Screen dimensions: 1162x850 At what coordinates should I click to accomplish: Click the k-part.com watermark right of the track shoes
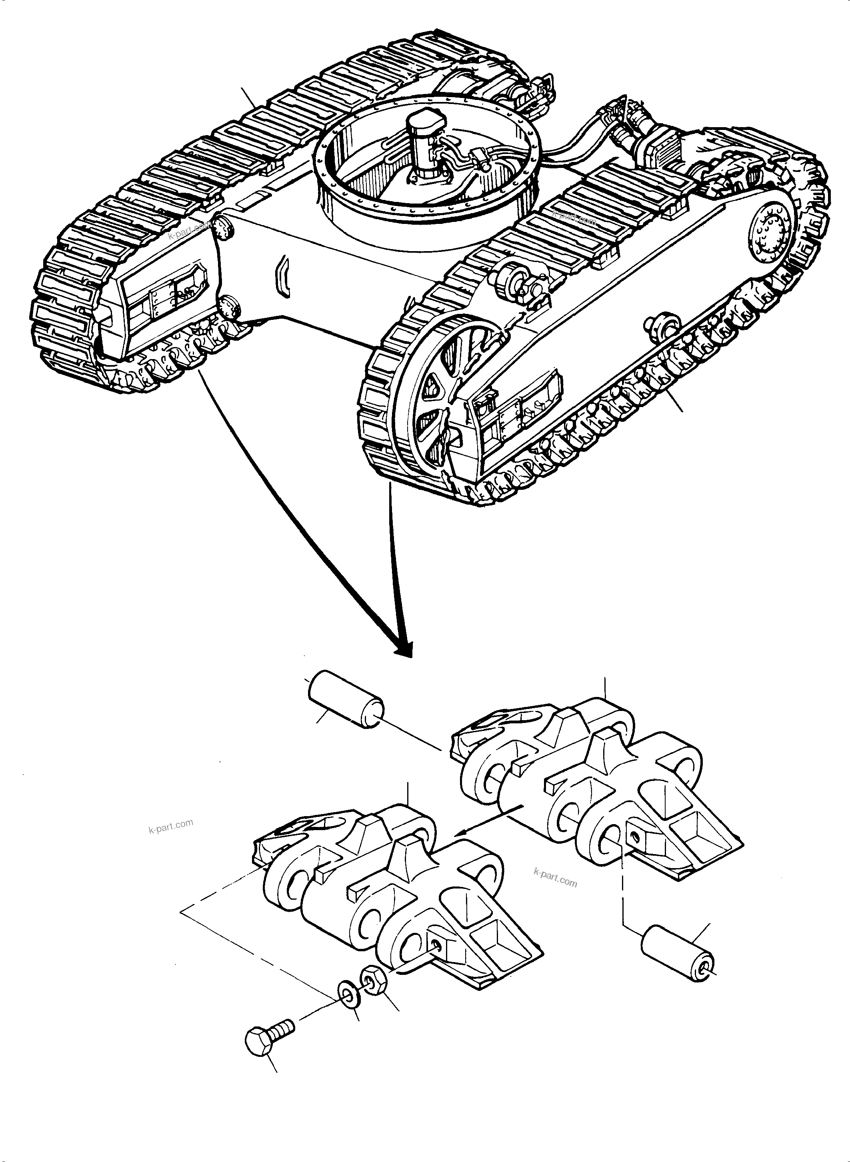(555, 878)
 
